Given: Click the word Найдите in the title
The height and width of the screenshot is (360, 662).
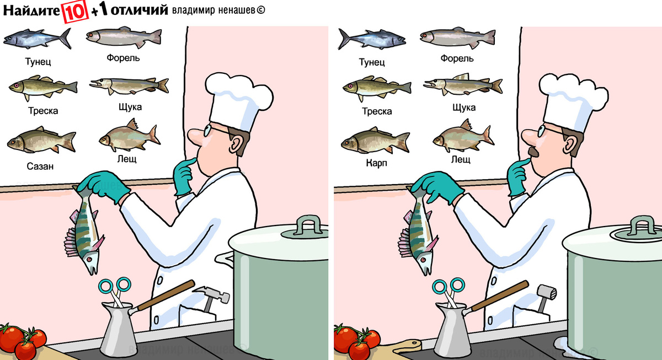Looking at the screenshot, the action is [31, 11].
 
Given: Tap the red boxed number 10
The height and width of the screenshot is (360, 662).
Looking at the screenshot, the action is [75, 12].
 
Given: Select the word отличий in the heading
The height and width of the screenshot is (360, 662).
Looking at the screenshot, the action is [140, 10].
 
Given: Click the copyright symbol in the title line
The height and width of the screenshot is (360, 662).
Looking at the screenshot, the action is [260, 10].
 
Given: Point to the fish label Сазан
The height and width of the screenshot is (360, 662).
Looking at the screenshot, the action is [40, 166].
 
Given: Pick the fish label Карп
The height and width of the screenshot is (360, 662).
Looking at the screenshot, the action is [376, 163].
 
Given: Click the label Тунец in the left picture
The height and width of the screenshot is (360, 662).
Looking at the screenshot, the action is [38, 62].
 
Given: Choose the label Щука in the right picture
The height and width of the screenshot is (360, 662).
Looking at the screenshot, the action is [464, 107].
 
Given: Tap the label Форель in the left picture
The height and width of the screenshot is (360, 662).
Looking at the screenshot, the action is [123, 58].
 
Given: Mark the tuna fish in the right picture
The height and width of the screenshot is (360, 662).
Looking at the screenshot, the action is [372, 39].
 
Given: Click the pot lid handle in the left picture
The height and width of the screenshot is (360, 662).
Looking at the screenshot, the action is [309, 224].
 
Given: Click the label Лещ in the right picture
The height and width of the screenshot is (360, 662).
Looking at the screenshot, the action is [461, 160].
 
